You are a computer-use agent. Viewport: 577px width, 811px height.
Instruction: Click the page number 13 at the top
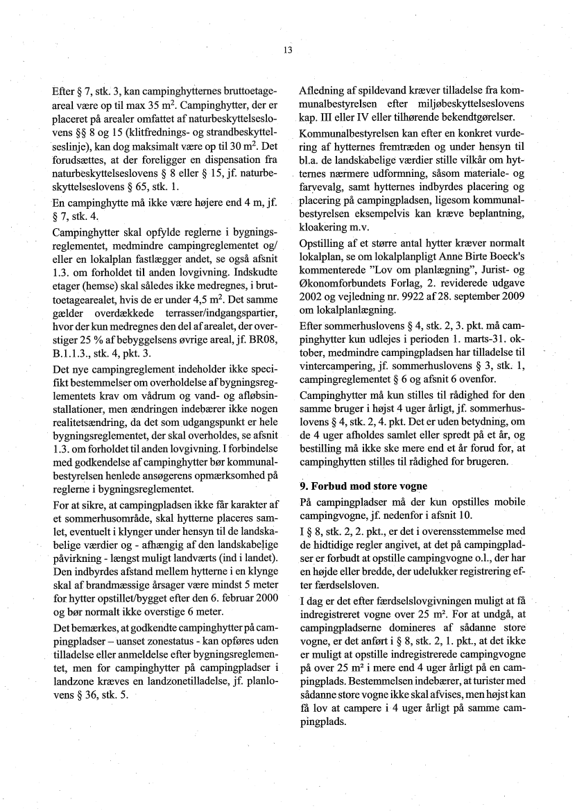(x=288, y=50)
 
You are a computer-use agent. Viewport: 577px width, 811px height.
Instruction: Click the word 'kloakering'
(x=325, y=227)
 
